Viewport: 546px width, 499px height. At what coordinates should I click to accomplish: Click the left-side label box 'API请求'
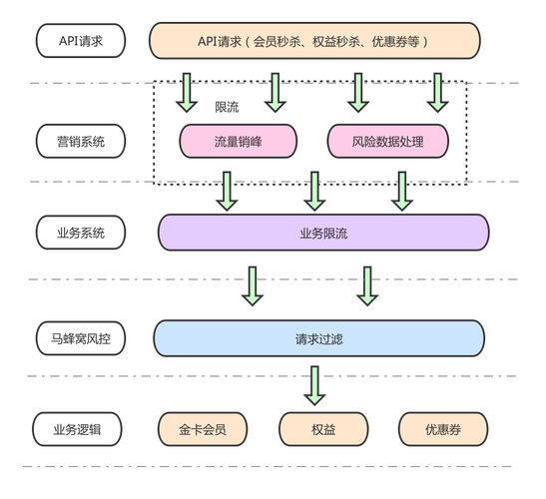pos(82,41)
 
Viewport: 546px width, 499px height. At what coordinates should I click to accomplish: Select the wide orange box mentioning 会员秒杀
pos(313,41)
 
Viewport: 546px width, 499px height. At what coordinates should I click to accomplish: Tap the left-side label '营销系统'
pos(82,141)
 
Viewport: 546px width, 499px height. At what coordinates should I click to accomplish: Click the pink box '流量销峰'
pos(238,141)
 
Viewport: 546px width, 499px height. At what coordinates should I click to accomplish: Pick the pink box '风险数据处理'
pos(388,141)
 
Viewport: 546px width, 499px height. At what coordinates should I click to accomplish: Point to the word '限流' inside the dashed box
pos(227,107)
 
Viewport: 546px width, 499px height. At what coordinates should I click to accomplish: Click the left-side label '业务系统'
pos(82,233)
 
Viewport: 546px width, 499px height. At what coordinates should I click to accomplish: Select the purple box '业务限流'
pos(322,233)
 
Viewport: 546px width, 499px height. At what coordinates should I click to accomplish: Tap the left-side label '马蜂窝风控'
pos(82,338)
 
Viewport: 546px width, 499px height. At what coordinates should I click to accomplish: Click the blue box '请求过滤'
pos(318,338)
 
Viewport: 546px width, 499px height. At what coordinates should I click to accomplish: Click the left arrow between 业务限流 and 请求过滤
pos(253,285)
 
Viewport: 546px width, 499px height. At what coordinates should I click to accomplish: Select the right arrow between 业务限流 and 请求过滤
pos(367,285)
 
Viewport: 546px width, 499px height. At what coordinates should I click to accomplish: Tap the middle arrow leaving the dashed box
pos(314,192)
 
